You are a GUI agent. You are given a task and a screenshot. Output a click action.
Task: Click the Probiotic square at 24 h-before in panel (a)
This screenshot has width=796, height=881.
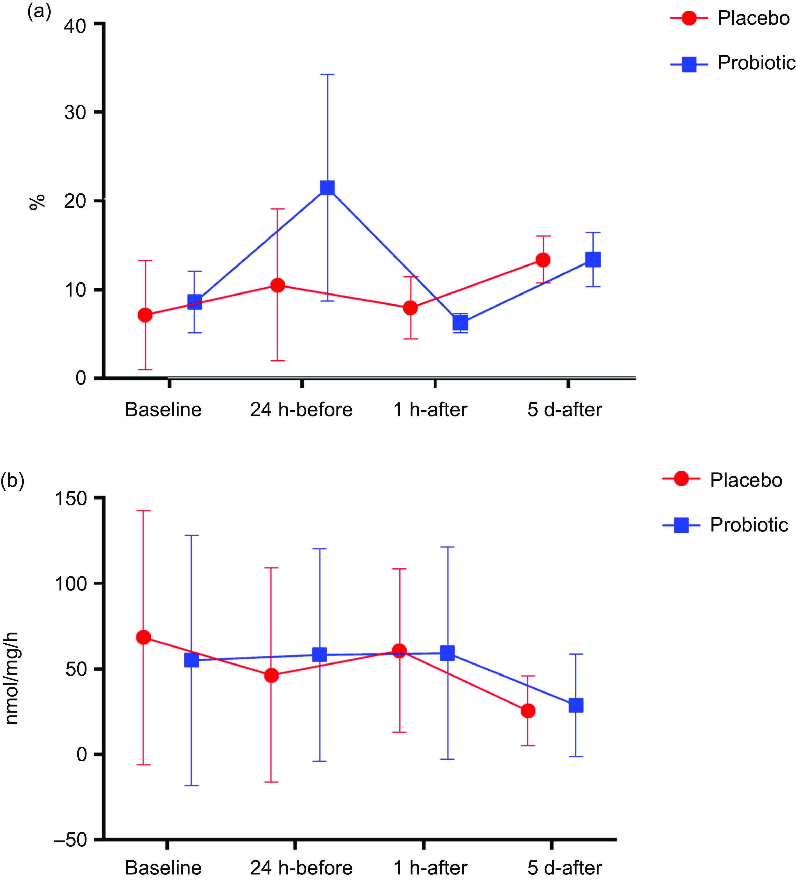point(327,188)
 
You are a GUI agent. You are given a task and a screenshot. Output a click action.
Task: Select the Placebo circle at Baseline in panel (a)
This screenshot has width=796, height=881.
point(145,315)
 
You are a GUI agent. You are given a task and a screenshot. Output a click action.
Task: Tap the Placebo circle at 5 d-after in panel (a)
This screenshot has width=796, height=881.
point(543,260)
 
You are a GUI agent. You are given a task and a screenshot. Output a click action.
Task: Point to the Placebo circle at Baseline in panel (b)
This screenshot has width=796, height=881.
point(144,638)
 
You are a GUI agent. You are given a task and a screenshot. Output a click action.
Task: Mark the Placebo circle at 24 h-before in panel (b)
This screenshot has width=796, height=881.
point(271,676)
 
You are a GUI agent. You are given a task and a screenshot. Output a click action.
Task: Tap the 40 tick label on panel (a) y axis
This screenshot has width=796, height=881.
point(75,26)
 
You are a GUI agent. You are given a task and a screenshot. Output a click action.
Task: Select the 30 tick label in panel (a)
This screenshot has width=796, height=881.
point(75,113)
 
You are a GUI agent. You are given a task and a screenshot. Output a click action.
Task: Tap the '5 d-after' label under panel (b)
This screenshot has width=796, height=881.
point(564,868)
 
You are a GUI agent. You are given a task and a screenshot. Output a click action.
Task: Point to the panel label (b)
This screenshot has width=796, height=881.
point(12,480)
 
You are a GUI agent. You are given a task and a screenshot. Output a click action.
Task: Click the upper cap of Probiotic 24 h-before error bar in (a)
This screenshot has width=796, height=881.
point(327,75)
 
